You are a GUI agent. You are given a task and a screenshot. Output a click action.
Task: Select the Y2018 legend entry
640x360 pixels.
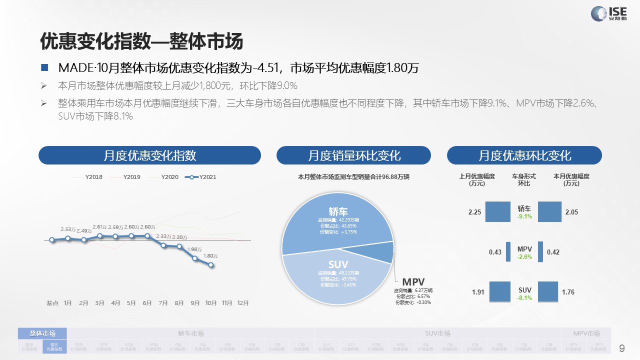tap(93, 177)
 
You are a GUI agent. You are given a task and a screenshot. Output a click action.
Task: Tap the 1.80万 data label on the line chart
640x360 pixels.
tap(210, 256)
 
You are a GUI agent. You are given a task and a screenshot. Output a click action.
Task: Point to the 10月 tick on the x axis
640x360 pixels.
tap(211, 303)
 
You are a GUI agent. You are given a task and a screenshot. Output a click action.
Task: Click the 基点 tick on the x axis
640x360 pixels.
tap(52, 303)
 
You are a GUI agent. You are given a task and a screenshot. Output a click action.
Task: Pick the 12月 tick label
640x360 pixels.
tap(242, 303)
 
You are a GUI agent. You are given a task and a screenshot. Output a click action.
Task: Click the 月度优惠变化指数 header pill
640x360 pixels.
tap(149, 155)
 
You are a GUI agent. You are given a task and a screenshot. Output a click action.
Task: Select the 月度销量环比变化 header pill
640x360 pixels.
tap(353, 155)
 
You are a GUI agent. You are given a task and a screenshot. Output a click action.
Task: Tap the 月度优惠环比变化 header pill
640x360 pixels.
tap(524, 155)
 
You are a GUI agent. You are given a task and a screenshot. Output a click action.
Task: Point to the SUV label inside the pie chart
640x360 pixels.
tap(338, 264)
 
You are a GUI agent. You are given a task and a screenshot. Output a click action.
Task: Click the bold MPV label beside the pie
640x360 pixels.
tap(413, 282)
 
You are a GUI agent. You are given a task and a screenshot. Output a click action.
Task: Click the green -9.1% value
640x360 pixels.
tap(524, 217)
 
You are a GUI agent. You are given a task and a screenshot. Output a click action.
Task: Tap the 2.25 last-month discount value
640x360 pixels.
tap(474, 212)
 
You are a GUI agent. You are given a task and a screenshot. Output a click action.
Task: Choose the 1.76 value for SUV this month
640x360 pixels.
tap(568, 292)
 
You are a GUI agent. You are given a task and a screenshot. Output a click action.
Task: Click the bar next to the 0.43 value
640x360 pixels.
tap(508, 252)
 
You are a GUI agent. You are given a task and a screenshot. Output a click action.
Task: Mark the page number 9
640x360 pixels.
tap(622, 348)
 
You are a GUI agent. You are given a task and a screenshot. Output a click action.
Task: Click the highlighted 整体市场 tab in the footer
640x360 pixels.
tap(42, 333)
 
